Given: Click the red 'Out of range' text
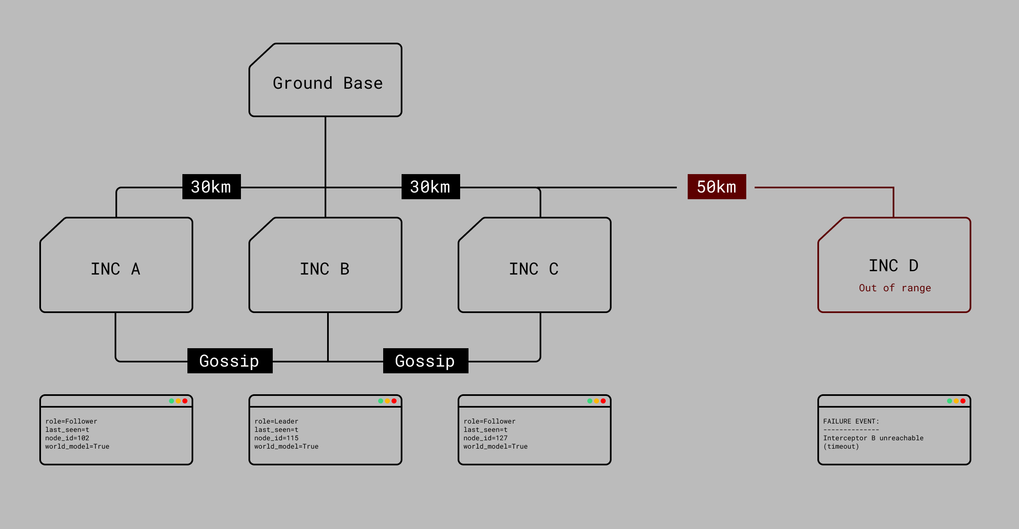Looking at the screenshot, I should tap(895, 288).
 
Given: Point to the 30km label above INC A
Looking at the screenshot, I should tap(211, 187).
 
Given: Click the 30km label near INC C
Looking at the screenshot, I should tap(430, 187).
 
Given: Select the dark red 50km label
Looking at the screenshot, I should tap(717, 187).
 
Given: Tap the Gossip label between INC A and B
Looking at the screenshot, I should tap(230, 361).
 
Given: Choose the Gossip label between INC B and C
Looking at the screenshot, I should tap(425, 361).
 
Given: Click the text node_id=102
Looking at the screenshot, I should tap(67, 438).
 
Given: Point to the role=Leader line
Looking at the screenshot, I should tap(277, 421).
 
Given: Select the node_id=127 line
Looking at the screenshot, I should tap(486, 438).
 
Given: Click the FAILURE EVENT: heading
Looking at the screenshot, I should tap(851, 421).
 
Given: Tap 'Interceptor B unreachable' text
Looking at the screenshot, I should tap(873, 438).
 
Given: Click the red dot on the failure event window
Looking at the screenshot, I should tap(963, 401).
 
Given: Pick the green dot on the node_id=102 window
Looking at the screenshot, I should tap(172, 401).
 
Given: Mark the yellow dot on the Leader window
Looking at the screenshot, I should tap(387, 401).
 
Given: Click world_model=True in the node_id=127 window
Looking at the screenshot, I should tap(496, 447).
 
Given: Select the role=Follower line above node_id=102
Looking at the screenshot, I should tap(71, 421).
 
